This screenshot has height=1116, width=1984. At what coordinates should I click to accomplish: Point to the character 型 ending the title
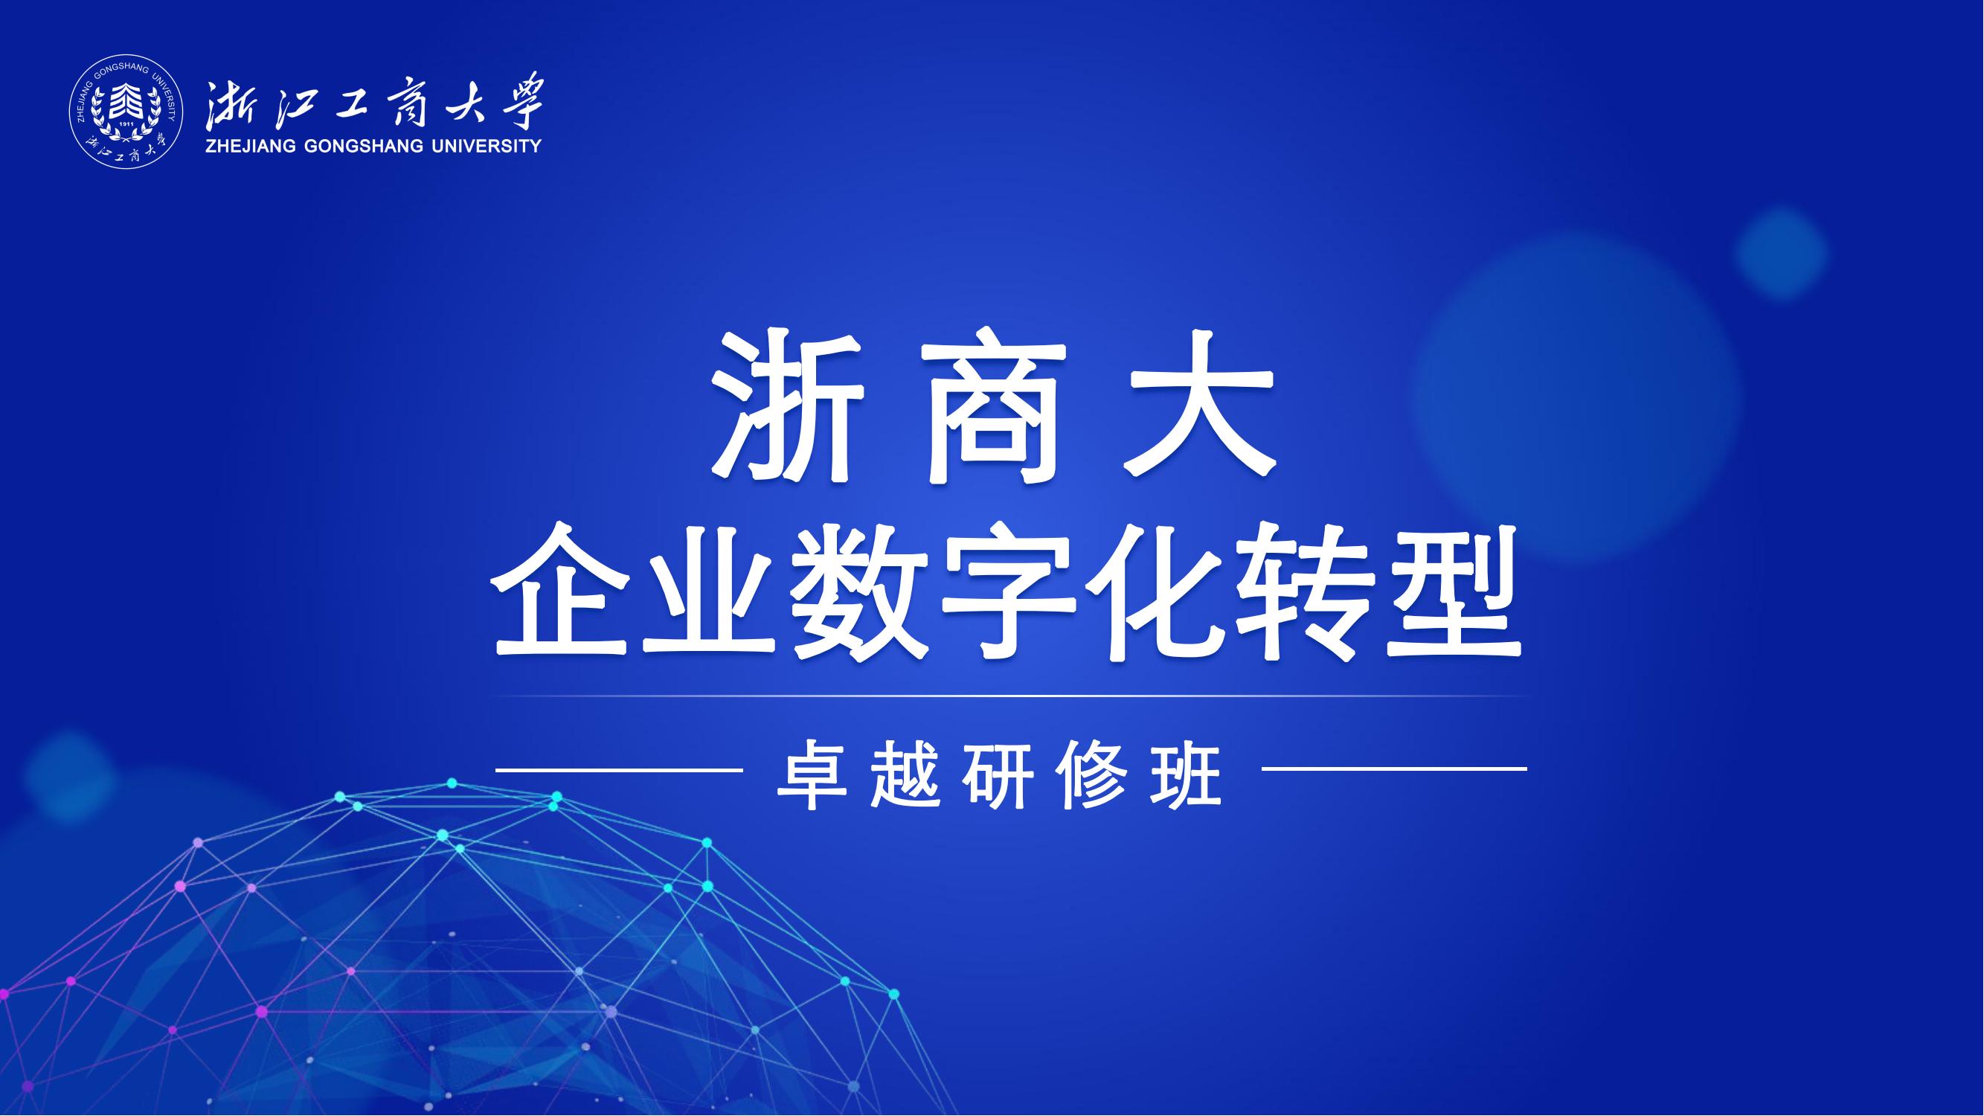pyautogui.click(x=1453, y=592)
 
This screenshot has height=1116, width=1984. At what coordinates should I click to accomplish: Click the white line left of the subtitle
pyautogui.click(x=618, y=769)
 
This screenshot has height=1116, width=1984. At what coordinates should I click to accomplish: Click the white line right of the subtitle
pyautogui.click(x=1394, y=769)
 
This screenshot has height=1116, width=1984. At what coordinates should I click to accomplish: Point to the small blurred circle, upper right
pyautogui.click(x=1781, y=253)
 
